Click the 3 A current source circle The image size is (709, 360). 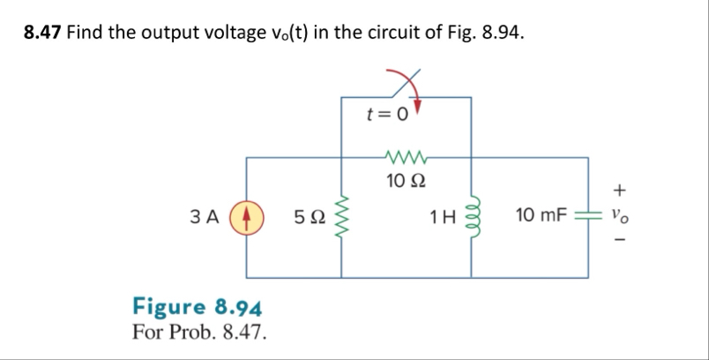[x=246, y=214]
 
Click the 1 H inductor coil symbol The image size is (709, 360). [x=470, y=214]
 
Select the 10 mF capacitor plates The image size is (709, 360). [x=588, y=215]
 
